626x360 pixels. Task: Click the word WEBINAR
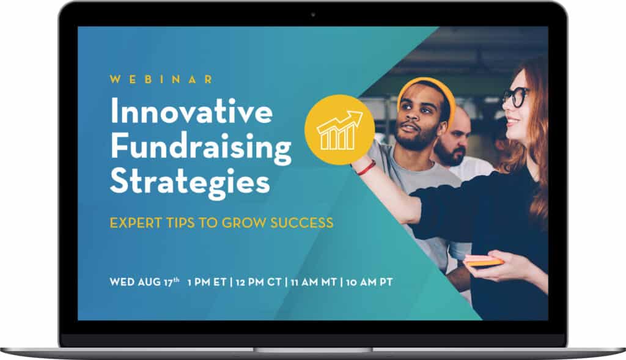pyautogui.click(x=161, y=79)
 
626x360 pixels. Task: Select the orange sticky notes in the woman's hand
pyautogui.click(x=483, y=261)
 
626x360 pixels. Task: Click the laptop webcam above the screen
pyautogui.click(x=313, y=13)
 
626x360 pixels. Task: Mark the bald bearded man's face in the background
pyautogui.click(x=452, y=139)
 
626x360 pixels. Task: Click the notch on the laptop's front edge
pyautogui.click(x=313, y=350)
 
